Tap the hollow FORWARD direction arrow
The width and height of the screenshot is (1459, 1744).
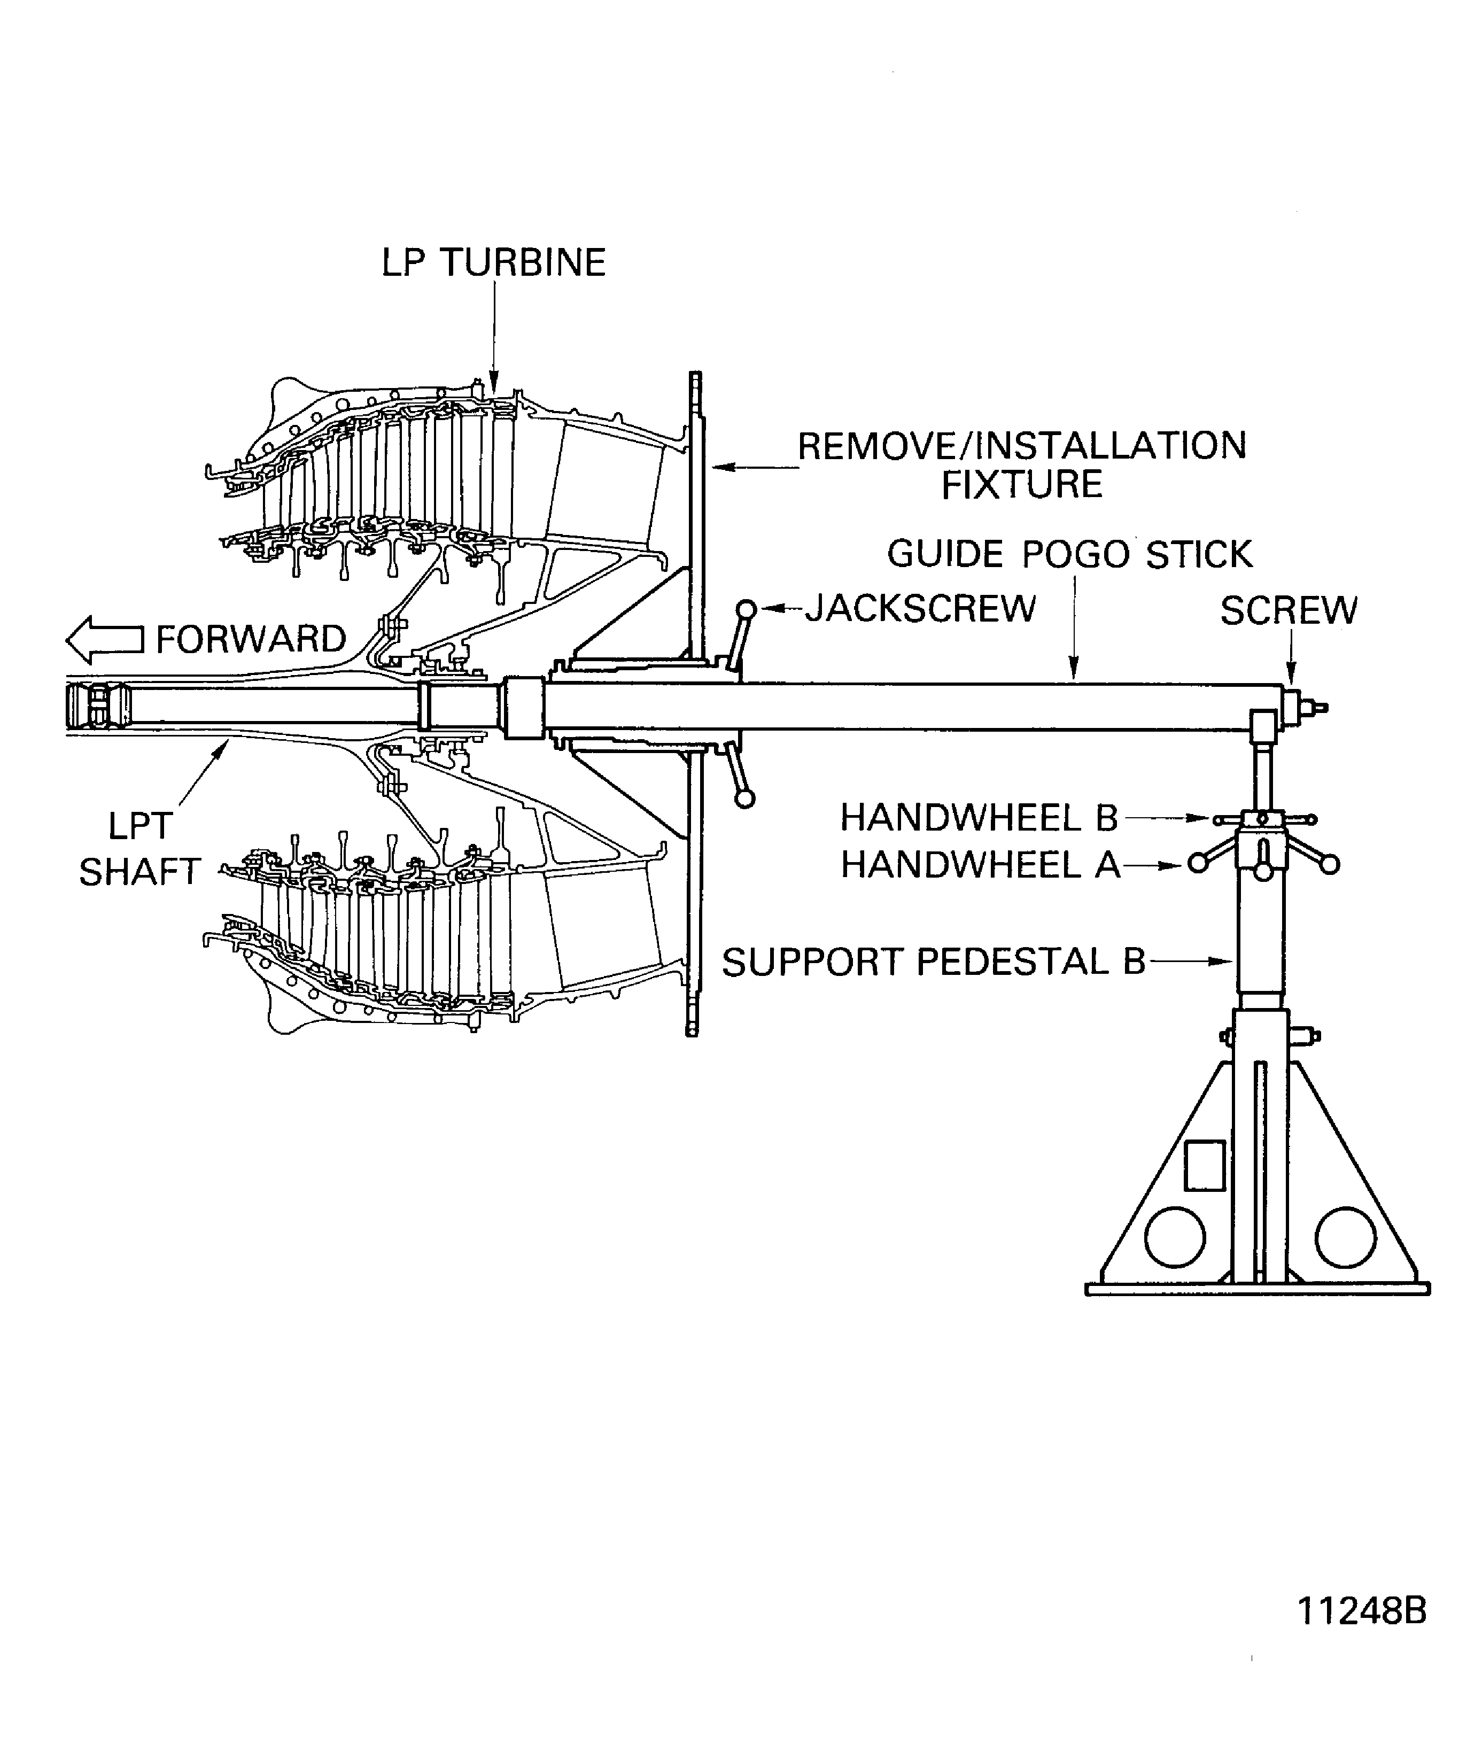[104, 639]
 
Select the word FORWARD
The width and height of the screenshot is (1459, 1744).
[251, 639]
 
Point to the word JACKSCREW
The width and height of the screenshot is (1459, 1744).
[921, 609]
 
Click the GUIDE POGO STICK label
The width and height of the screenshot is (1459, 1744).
[1069, 554]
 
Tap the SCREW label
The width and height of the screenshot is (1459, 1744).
[1288, 611]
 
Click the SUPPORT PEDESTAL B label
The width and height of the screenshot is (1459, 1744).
[933, 962]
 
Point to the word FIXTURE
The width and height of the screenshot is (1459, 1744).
[1021, 484]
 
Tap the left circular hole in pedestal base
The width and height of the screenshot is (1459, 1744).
[1174, 1237]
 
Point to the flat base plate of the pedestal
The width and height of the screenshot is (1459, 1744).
[1257, 1289]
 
